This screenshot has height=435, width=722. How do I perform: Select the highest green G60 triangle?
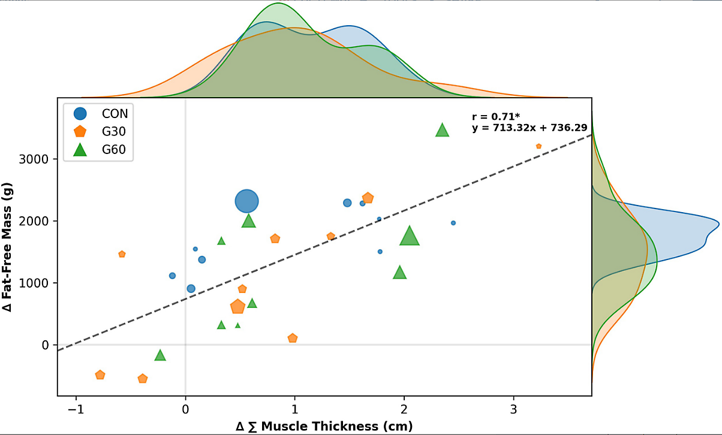(443, 131)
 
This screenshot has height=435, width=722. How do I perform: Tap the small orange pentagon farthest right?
(539, 146)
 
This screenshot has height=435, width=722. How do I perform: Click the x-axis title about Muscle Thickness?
(324, 427)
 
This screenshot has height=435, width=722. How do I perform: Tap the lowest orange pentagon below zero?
(143, 379)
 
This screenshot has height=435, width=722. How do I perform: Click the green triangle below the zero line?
(160, 355)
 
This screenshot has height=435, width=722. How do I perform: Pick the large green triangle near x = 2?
(409, 237)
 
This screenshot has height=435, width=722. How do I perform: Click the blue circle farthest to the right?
(453, 223)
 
